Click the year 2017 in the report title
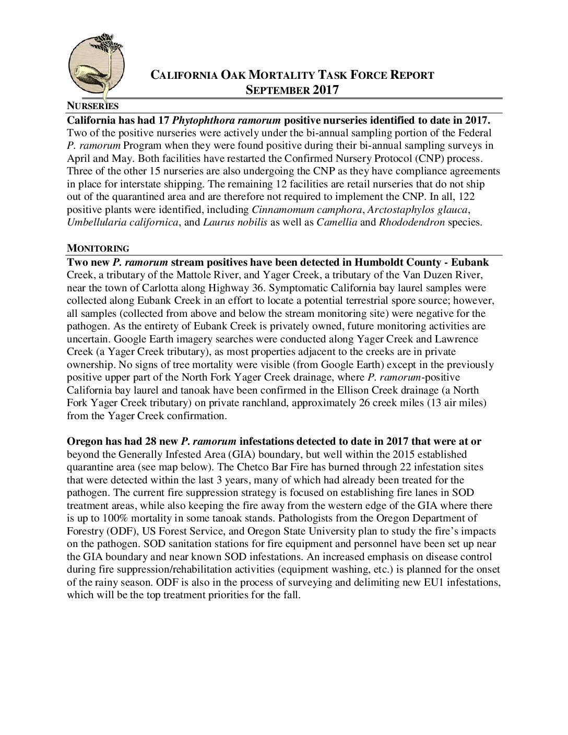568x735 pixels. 326,90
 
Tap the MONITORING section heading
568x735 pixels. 98,247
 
